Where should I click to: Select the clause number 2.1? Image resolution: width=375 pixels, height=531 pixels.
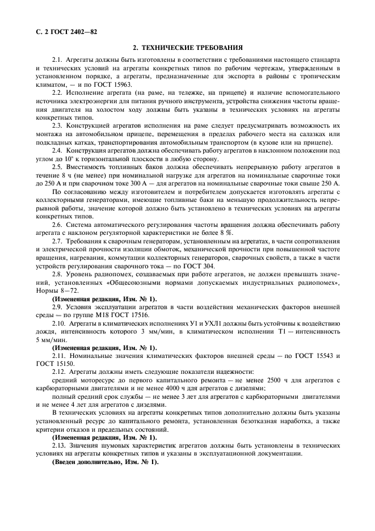pyautogui.click(x=58, y=60)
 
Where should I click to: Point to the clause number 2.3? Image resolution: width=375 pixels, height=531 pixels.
pyautogui.click(x=58, y=125)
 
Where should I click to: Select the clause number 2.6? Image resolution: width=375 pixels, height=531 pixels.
pyautogui.click(x=58, y=225)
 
